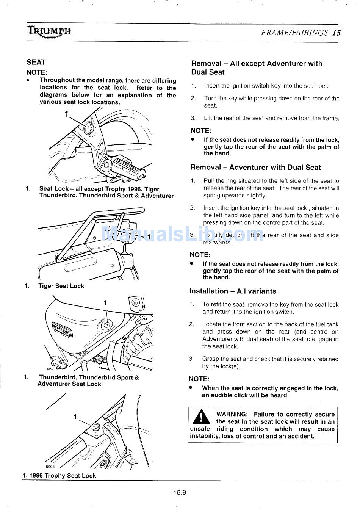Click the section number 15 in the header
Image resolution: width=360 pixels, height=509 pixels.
click(337, 33)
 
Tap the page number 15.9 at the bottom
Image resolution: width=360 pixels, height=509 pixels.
click(180, 493)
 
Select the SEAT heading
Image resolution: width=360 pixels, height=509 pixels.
click(36, 62)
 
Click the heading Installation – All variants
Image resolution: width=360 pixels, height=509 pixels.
click(233, 291)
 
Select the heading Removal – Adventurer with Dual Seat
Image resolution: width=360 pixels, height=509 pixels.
click(255, 168)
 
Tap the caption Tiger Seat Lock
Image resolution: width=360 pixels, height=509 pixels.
click(61, 286)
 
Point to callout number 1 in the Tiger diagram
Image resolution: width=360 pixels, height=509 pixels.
click(149, 237)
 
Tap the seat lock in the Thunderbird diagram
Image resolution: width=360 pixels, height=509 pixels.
click(107, 324)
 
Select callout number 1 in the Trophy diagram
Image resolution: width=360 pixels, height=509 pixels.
click(75, 417)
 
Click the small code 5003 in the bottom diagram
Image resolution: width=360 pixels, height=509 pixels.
click(50, 467)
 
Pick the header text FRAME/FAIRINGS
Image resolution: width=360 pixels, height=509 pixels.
click(294, 33)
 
